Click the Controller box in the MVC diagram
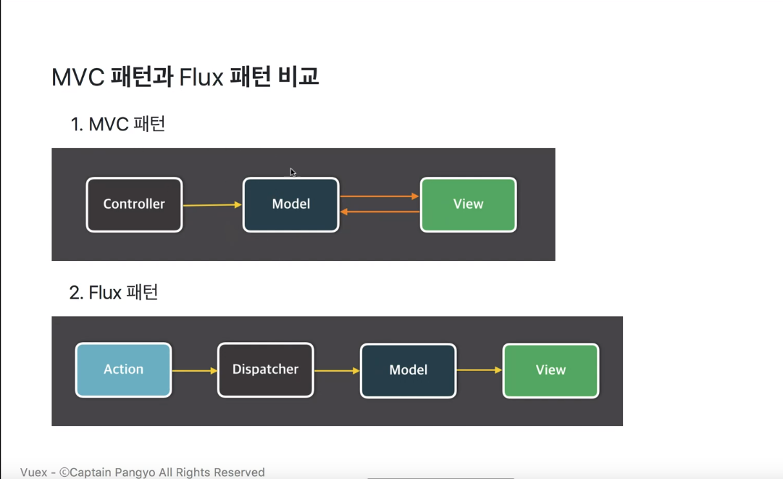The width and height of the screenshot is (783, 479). point(134,204)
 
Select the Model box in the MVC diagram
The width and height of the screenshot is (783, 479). point(290,204)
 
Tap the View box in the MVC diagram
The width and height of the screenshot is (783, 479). point(468,204)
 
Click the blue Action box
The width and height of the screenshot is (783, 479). point(123,370)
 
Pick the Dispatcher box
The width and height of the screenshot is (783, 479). point(265,370)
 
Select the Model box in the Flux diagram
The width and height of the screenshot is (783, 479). point(408,370)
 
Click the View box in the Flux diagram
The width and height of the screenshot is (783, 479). point(550,370)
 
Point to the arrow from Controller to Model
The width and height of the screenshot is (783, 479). point(212,205)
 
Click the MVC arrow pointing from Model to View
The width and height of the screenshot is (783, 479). point(380,196)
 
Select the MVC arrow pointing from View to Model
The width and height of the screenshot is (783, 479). point(380,212)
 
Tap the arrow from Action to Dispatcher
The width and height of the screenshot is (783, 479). point(194,371)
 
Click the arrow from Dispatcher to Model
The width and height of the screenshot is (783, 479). point(337,371)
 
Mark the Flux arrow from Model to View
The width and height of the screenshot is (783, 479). point(480,370)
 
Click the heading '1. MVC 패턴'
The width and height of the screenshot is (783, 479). point(118,124)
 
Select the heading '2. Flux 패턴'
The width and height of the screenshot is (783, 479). point(114,293)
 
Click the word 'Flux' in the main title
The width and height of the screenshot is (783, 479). point(201,77)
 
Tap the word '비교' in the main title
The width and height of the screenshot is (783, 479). point(298,77)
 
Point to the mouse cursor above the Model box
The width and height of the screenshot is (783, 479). point(293,172)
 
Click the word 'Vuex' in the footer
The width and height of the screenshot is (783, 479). point(33,472)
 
